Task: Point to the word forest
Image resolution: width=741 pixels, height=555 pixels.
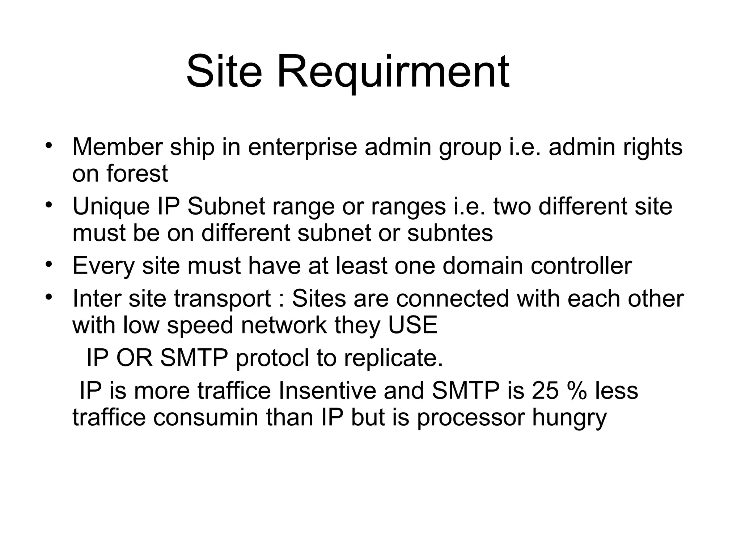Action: coord(137,173)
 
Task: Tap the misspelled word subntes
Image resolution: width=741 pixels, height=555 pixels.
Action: coord(450,233)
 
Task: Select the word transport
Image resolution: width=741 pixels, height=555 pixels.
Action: coord(222,299)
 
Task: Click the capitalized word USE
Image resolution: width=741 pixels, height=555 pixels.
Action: coord(412,325)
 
